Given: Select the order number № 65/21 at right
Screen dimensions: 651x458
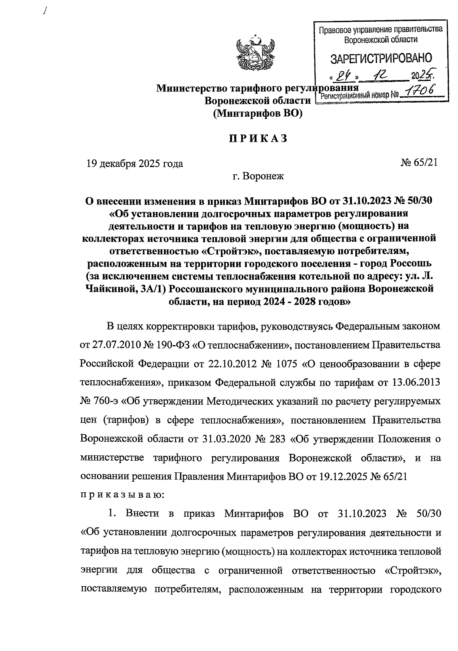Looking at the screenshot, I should pyautogui.click(x=418, y=163).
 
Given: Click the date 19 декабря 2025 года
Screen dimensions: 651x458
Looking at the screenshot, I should pyautogui.click(x=135, y=164).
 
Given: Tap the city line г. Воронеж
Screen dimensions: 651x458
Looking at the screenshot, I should pyautogui.click(x=258, y=177).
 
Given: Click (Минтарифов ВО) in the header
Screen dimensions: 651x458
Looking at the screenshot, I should pyautogui.click(x=258, y=113).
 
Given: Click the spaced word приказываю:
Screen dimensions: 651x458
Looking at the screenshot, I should pyautogui.click(x=122, y=495).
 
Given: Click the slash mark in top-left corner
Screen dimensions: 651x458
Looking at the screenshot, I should pyautogui.click(x=45, y=12).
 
